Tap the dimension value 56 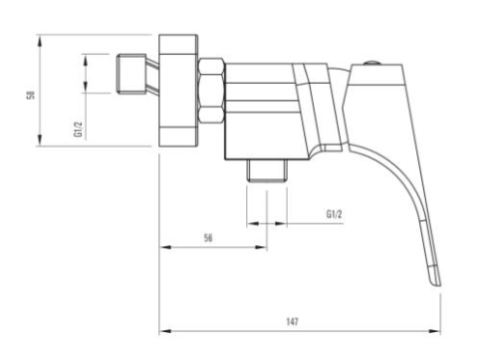(x=210, y=236)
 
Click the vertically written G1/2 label (x=77, y=127)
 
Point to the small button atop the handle (x=371, y=64)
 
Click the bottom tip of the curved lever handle (x=436, y=280)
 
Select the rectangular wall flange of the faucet (x=179, y=93)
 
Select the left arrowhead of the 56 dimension (x=163, y=247)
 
